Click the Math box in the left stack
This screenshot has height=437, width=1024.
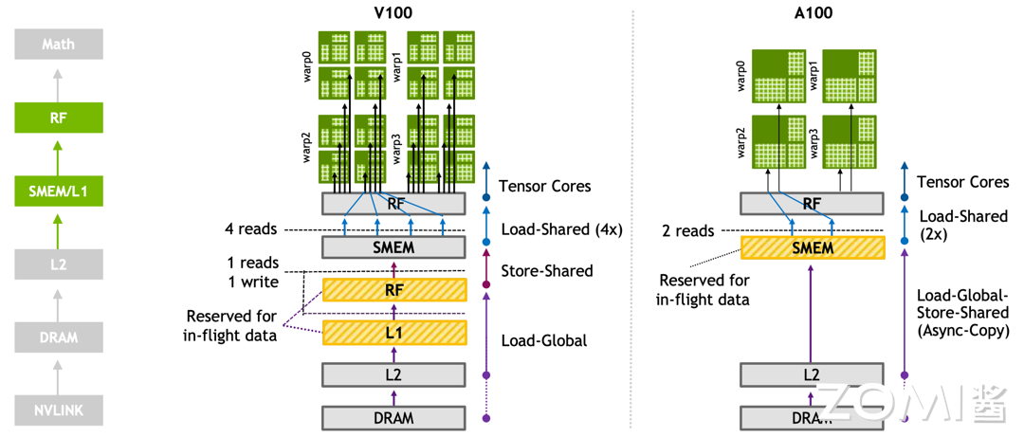tap(58, 45)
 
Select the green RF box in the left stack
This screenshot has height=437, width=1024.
tap(58, 118)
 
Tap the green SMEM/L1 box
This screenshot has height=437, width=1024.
tap(58, 192)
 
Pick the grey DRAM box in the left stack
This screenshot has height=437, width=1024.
tap(58, 337)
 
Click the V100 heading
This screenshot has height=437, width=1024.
tap(394, 12)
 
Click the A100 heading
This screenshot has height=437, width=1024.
tap(812, 12)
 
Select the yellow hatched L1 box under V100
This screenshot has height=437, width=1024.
tap(394, 332)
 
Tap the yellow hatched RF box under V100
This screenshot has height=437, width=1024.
tap(394, 290)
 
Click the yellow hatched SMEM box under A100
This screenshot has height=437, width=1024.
tap(812, 248)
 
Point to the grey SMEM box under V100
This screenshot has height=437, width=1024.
tap(394, 247)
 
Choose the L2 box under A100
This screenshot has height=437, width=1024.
tap(812, 374)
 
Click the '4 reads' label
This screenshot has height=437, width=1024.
tap(250, 229)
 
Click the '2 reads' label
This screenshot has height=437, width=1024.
tap(688, 231)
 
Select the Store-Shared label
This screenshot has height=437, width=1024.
tap(545, 271)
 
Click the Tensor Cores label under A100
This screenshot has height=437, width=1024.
tap(961, 182)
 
